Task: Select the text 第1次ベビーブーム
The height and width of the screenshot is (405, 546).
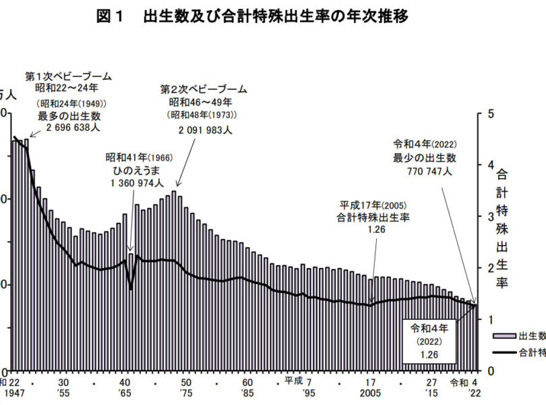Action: tap(68, 76)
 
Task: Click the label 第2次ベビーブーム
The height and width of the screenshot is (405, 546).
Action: tap(204, 89)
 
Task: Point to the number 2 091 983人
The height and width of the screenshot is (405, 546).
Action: tap(205, 130)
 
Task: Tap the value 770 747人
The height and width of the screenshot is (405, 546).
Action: tap(425, 171)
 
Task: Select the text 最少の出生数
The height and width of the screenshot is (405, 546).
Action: tap(425, 158)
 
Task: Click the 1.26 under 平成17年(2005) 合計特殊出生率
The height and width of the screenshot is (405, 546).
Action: tap(373, 230)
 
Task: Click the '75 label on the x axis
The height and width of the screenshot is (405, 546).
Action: tap(187, 392)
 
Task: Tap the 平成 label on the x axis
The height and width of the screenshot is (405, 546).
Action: tap(293, 381)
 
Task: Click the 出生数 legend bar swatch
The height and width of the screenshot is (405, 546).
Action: tap(504, 335)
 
